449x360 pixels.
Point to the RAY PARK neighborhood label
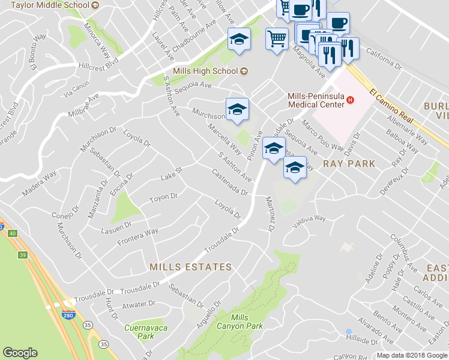pyautogui.click(x=349, y=163)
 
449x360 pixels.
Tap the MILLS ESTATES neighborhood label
pyautogui.click(x=190, y=266)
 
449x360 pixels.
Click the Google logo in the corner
pyautogui.click(x=20, y=353)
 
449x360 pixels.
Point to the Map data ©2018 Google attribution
pyautogui.click(x=412, y=355)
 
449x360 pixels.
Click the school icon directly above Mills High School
pyautogui.click(x=239, y=40)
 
